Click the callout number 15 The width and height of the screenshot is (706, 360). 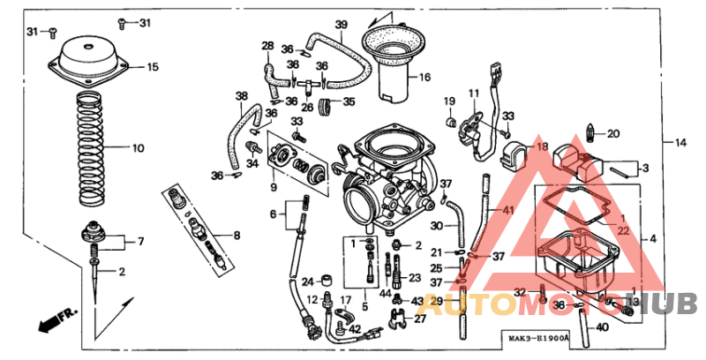click(x=153, y=67)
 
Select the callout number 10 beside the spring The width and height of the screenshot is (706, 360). click(x=138, y=148)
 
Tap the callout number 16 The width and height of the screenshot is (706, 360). click(x=424, y=78)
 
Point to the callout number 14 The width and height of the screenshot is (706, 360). click(x=680, y=143)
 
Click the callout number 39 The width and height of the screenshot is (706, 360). click(x=342, y=24)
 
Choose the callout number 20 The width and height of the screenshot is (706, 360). click(x=613, y=134)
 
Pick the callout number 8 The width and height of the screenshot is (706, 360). click(x=236, y=235)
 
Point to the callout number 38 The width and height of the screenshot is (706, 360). click(x=241, y=95)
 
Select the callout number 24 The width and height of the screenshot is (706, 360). click(x=307, y=282)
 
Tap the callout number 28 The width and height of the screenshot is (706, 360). click(x=267, y=46)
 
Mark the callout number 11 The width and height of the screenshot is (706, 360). click(x=473, y=94)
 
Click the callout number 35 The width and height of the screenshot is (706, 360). click(x=349, y=102)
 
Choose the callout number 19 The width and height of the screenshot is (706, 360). click(x=448, y=101)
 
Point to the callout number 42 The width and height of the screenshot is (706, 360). click(x=354, y=329)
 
